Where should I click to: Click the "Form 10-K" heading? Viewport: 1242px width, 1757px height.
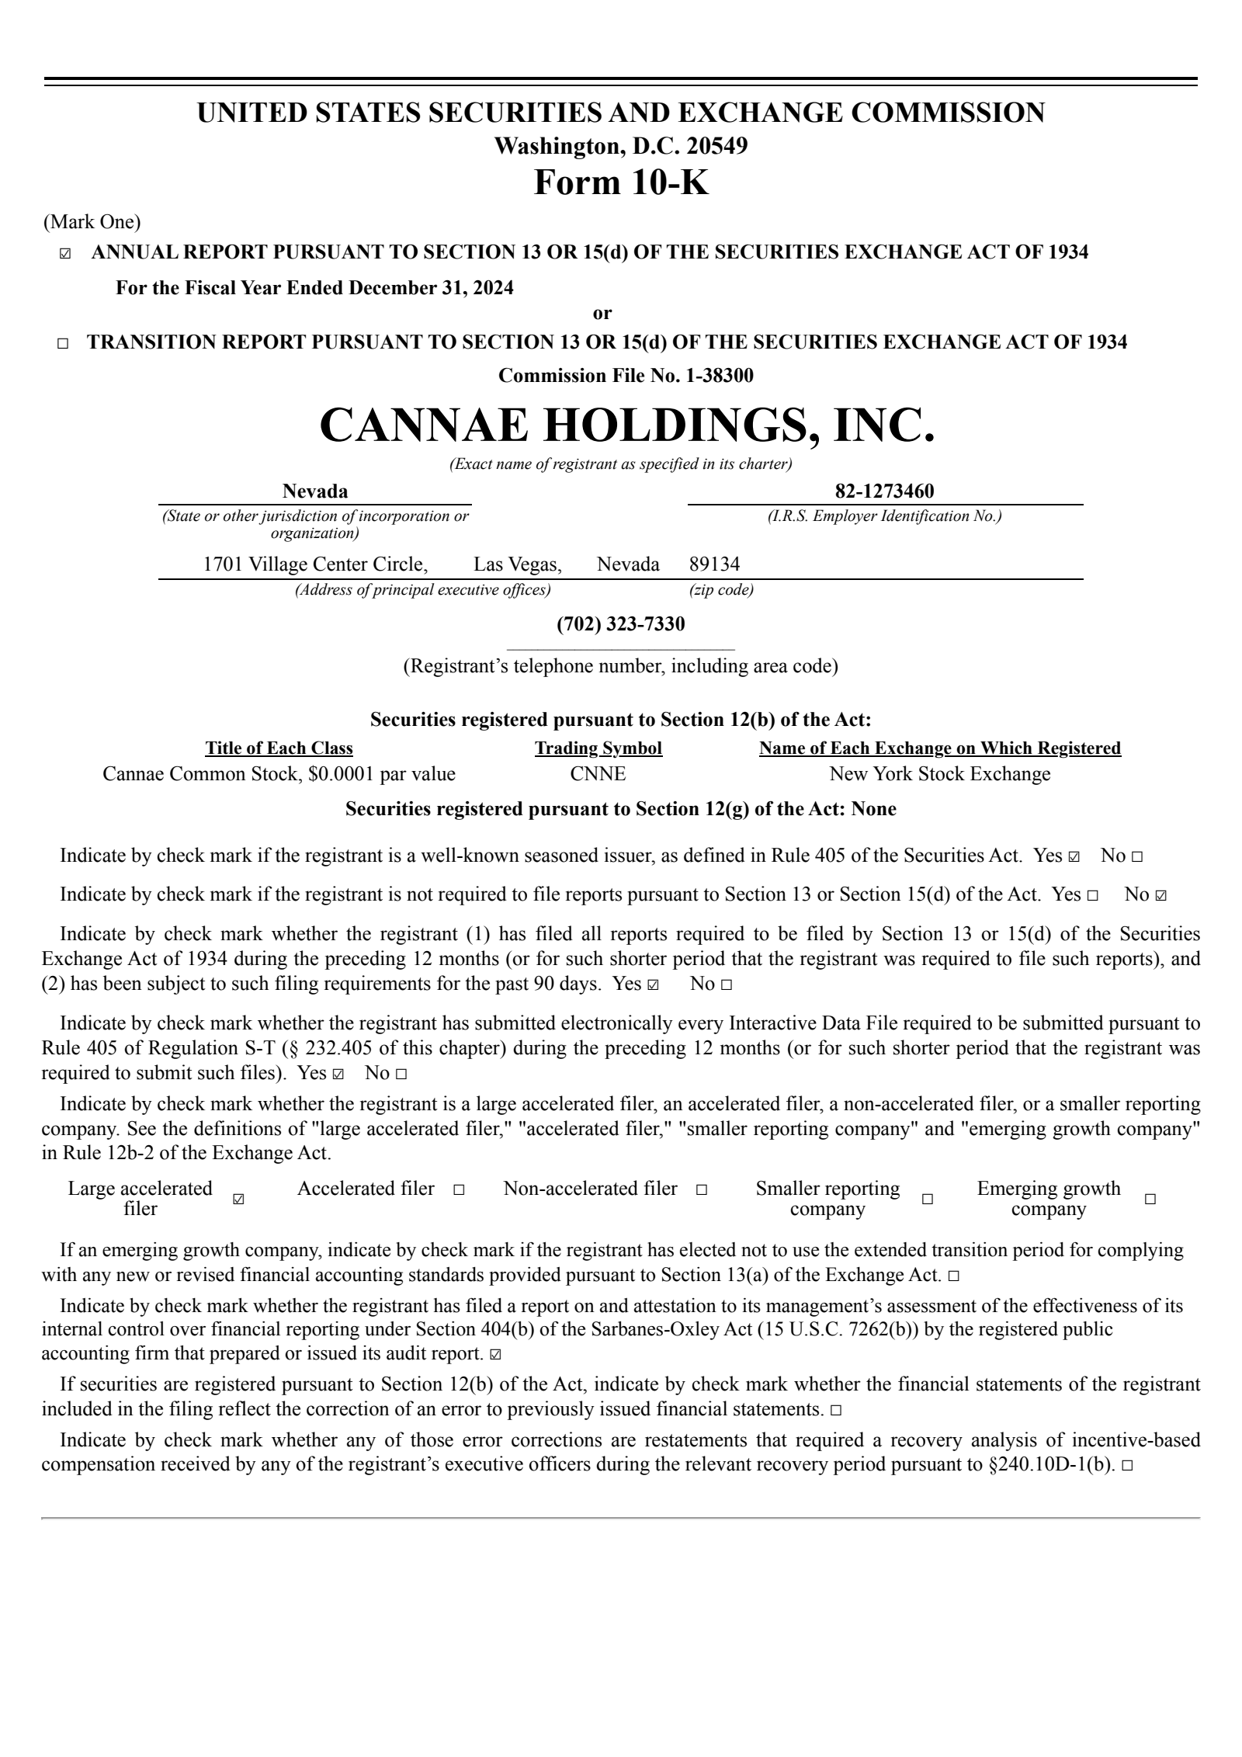tap(621, 183)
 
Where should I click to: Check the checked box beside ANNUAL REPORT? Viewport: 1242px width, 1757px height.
tap(65, 254)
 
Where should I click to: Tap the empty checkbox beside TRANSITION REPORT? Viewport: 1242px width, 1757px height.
tap(63, 344)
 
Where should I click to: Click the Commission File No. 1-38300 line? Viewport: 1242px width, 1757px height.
tap(625, 376)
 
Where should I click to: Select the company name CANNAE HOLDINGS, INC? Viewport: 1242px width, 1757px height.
tap(627, 425)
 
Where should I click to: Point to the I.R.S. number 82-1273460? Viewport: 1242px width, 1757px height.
tap(884, 491)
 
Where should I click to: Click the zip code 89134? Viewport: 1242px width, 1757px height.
tap(714, 564)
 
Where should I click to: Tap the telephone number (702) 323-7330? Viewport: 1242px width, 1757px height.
tap(620, 623)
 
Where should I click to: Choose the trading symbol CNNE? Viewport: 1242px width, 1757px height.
tap(597, 774)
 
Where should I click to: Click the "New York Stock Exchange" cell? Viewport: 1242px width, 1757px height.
tap(939, 774)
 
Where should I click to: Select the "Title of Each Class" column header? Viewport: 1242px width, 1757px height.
tap(279, 748)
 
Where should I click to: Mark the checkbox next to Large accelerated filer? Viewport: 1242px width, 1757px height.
tap(239, 1200)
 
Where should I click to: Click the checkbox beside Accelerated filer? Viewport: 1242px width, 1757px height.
tap(459, 1189)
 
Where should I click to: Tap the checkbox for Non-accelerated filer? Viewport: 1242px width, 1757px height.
tap(702, 1189)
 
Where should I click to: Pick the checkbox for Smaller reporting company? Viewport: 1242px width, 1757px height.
tap(927, 1200)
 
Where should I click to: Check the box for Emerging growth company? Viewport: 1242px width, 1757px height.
tap(1150, 1200)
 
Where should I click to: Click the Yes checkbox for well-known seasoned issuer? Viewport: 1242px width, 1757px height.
tap(1074, 857)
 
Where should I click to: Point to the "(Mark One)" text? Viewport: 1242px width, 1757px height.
tap(92, 223)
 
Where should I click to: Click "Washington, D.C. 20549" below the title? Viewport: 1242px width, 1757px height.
tap(621, 146)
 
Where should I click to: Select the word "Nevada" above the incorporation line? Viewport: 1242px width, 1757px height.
tap(315, 491)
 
